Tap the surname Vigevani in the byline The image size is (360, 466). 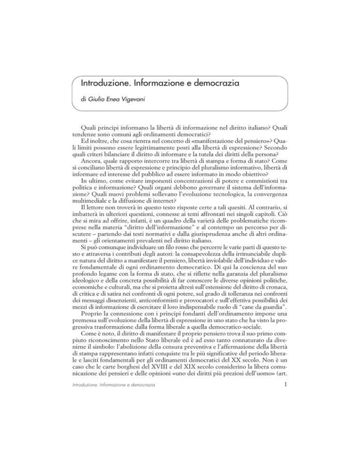pyautogui.click(x=139, y=99)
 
